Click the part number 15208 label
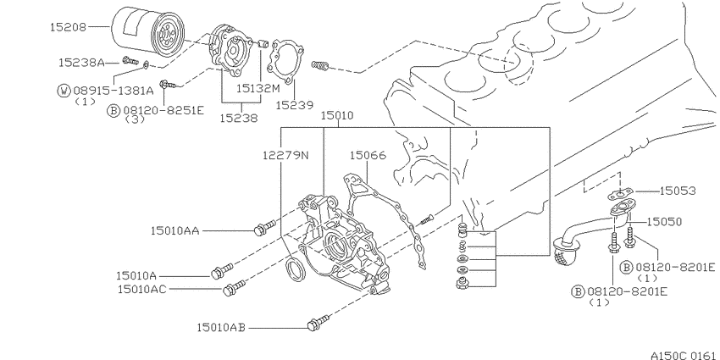coord(68,27)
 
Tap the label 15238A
coord(81,63)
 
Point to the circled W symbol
coord(64,91)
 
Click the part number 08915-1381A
coord(113,91)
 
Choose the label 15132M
coord(258,88)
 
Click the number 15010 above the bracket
coord(337,115)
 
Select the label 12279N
coord(285,155)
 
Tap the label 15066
coord(368,155)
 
